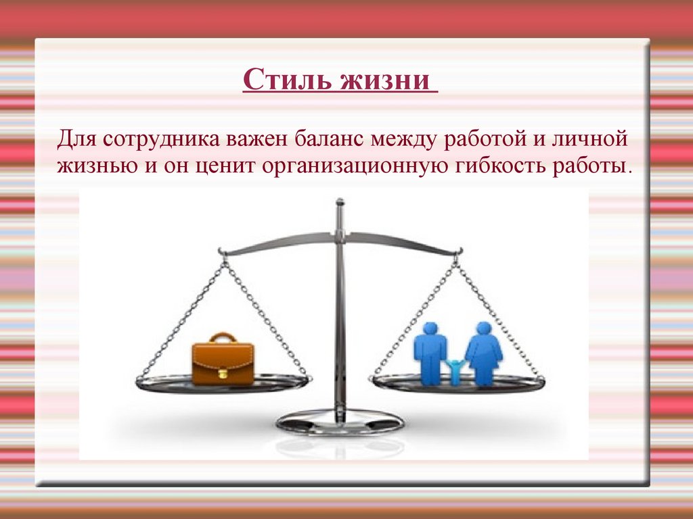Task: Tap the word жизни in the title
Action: (384, 80)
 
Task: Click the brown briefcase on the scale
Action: (223, 359)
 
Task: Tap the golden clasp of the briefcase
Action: (223, 373)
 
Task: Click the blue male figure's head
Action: (430, 329)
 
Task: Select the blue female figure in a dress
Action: (483, 353)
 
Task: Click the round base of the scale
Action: (340, 422)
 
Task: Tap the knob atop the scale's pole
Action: (340, 202)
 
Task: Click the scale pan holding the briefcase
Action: (223, 384)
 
